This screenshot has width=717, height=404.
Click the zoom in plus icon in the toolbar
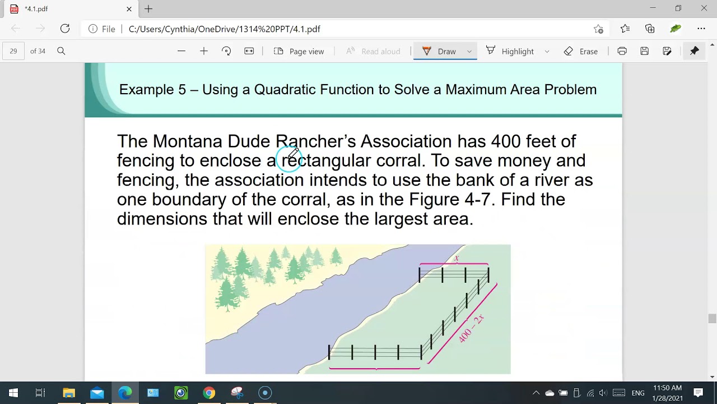click(x=204, y=51)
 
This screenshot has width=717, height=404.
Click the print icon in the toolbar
click(x=622, y=51)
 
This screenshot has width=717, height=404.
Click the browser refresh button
click(x=65, y=29)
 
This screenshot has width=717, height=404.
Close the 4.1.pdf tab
click(x=129, y=9)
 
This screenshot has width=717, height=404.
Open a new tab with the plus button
click(x=148, y=9)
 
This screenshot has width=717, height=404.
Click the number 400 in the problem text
click(x=505, y=141)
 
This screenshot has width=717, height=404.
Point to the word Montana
click(x=187, y=141)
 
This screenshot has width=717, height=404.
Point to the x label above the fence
click(x=457, y=258)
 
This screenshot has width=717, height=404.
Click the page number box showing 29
click(x=13, y=51)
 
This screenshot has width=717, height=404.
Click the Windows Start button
click(x=13, y=393)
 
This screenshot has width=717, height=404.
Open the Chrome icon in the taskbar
click(x=209, y=393)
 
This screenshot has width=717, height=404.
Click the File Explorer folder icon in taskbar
click(x=69, y=393)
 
